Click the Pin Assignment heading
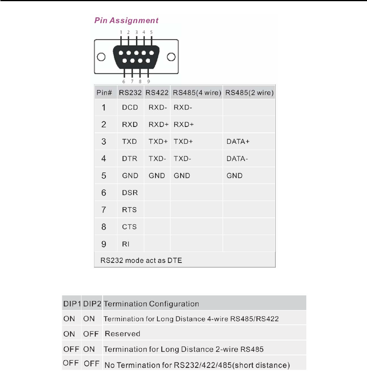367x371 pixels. [126, 20]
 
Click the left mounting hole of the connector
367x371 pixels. [101, 57]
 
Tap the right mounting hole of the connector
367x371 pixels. [171, 57]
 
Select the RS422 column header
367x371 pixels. [157, 93]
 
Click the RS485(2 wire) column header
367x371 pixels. [249, 93]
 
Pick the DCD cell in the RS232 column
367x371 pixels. [130, 108]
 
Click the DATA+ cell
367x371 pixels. [238, 142]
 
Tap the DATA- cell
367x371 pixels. [237, 159]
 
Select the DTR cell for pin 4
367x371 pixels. [130, 159]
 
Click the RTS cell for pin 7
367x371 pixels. [129, 210]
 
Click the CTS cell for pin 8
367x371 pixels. [129, 227]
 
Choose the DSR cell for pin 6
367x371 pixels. [130, 193]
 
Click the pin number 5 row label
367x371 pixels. [104, 176]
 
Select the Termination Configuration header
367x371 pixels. [151, 304]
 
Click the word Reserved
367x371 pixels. [122, 334]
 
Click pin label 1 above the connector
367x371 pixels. [121, 32]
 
